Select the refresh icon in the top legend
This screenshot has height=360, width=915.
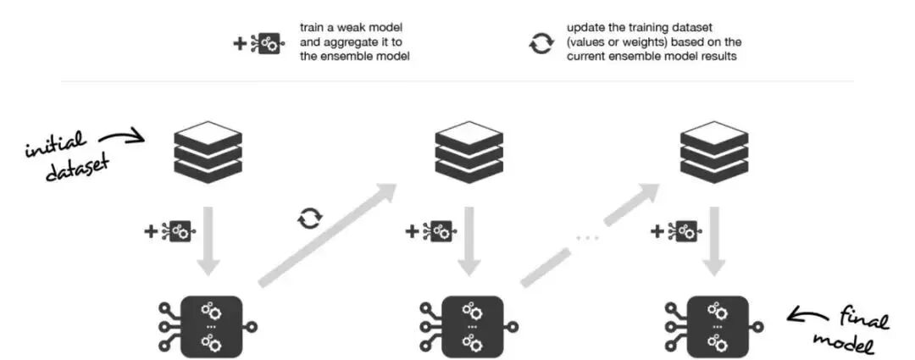pos(541,43)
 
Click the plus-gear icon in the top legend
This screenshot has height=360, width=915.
pos(258,43)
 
